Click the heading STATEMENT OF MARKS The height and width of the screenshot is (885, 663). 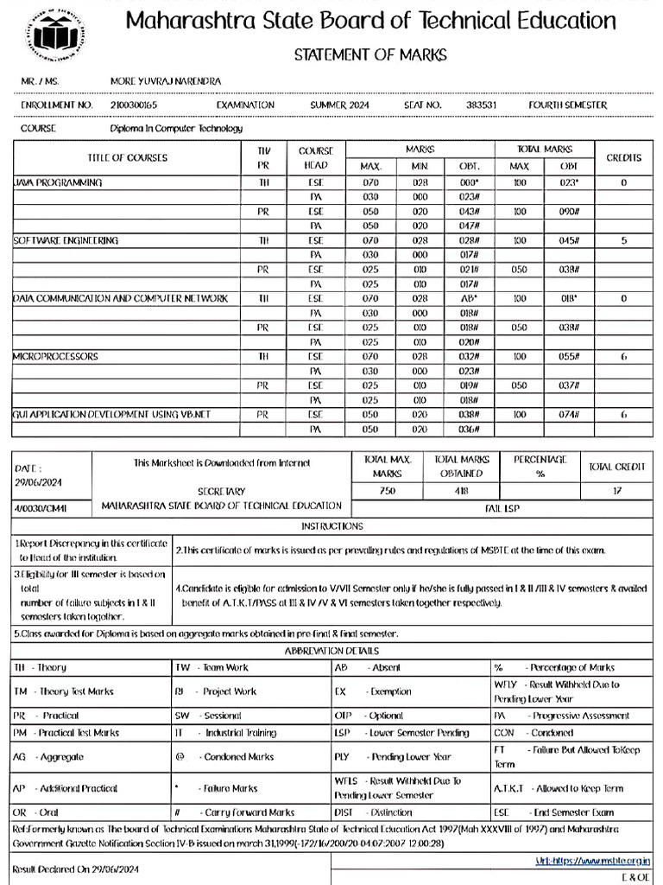(370, 55)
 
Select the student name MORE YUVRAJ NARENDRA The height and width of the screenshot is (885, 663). (166, 81)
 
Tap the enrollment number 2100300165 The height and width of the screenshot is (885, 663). (134, 105)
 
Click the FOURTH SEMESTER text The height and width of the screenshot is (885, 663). (567, 105)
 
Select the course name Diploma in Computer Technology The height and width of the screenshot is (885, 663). (176, 129)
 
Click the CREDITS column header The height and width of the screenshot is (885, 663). (624, 157)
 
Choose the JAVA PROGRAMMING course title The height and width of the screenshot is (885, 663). (58, 183)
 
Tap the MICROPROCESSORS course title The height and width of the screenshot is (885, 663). (55, 356)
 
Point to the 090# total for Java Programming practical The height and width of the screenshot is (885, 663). (570, 211)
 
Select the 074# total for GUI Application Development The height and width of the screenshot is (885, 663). (570, 415)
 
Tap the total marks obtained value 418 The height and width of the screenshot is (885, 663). (462, 491)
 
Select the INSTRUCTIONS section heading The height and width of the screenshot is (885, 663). (332, 526)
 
